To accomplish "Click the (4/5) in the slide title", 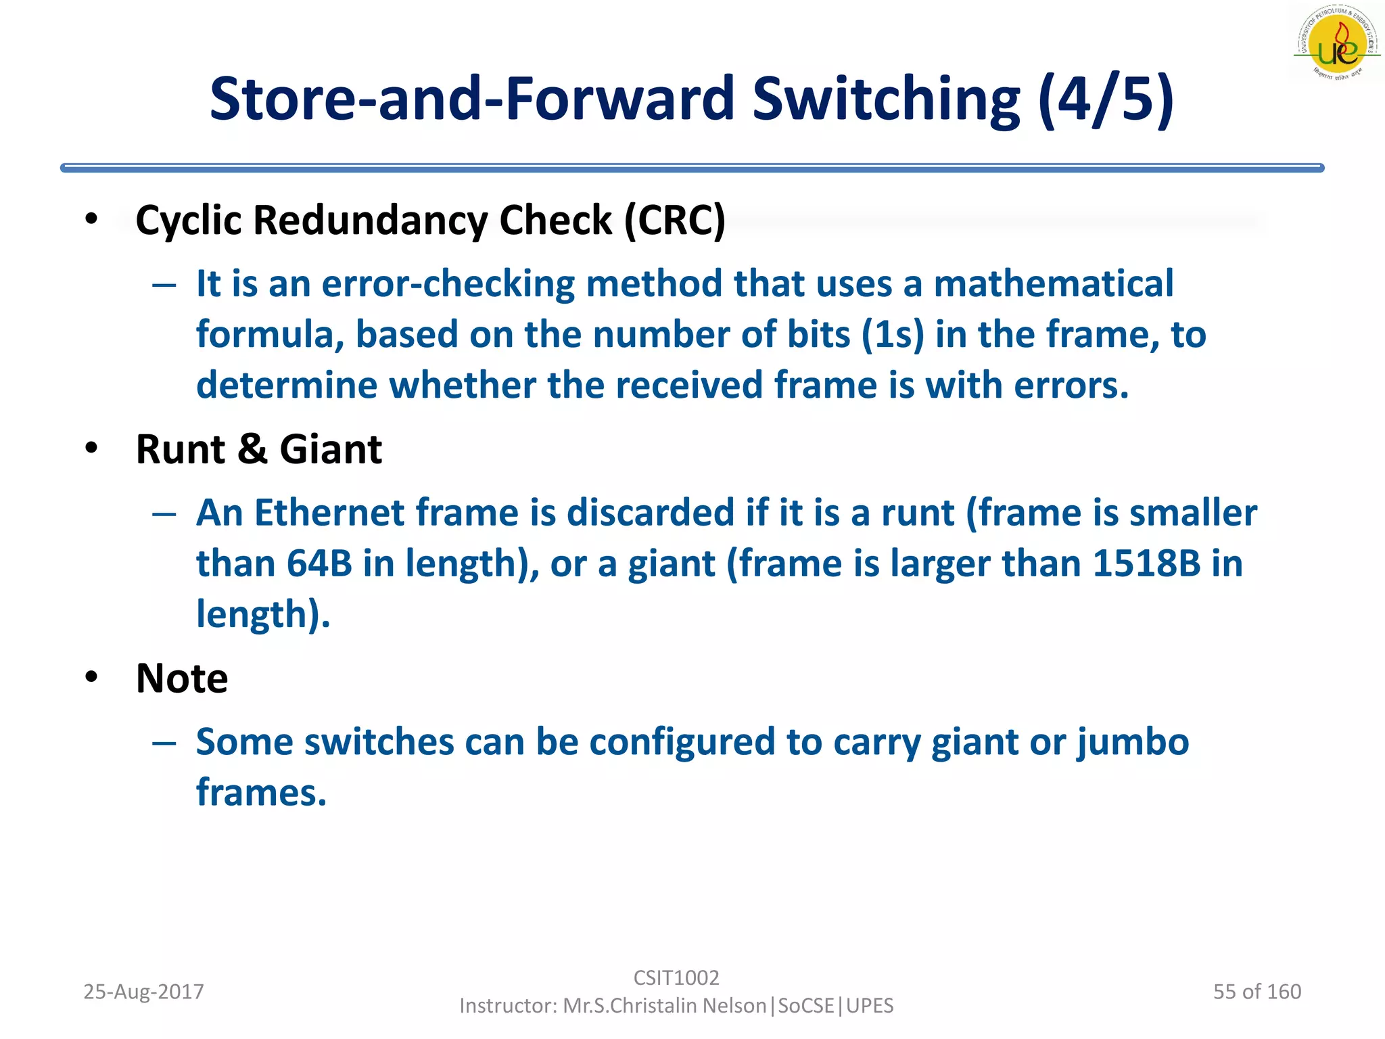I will [x=1106, y=99].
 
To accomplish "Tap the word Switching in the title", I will [x=886, y=99].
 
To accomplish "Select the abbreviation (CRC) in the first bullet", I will [x=674, y=221].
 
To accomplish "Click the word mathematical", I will [x=1053, y=283].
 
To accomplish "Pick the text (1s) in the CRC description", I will [x=893, y=335].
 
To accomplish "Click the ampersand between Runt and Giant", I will [x=252, y=449].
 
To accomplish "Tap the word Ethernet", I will [x=329, y=513].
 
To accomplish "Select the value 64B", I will [x=319, y=563].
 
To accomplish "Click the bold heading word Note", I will [x=182, y=678].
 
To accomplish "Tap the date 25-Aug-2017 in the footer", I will [x=143, y=992].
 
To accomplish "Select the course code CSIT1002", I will [x=676, y=977].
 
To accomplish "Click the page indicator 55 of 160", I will [x=1257, y=992].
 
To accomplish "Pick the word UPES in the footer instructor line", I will [x=870, y=1006].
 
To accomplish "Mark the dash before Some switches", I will [x=164, y=743].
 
